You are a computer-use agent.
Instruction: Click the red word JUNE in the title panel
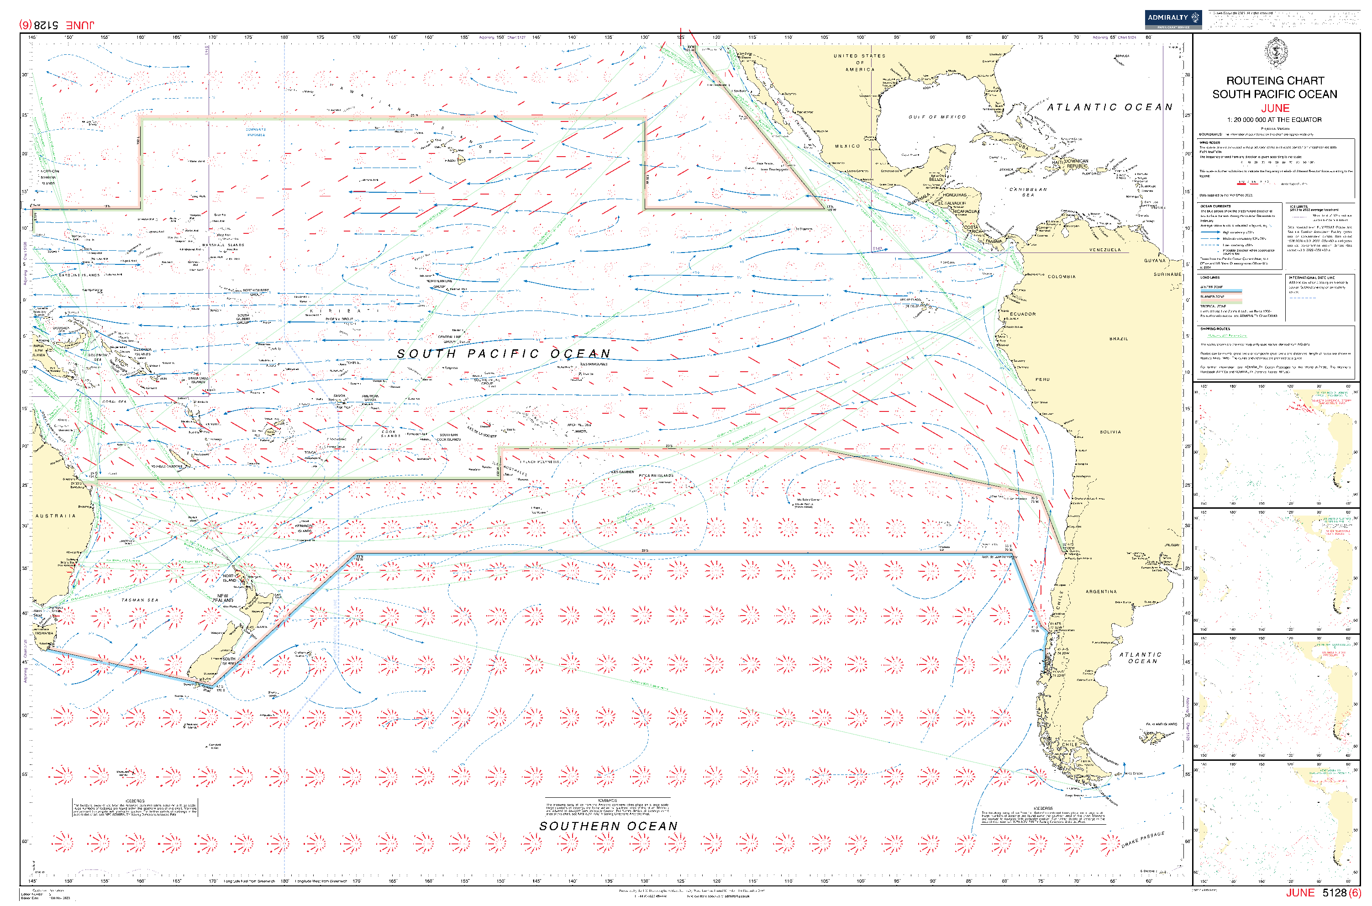point(1274,108)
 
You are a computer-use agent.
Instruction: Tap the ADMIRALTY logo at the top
point(1172,19)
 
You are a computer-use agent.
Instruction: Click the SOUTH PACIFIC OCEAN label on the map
point(503,353)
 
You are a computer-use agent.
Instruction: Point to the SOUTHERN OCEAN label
point(608,826)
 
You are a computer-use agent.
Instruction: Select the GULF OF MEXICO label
point(936,117)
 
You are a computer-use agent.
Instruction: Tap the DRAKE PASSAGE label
point(1143,839)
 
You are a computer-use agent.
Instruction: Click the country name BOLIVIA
point(1110,432)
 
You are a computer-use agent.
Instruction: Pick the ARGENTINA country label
point(1101,592)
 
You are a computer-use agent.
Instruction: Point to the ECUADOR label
point(1023,314)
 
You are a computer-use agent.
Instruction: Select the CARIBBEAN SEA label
point(1028,192)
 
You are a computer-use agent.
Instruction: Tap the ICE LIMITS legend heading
point(1298,206)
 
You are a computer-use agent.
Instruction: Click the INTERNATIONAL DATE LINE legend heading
point(1311,277)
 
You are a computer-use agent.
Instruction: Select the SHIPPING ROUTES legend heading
point(1215,329)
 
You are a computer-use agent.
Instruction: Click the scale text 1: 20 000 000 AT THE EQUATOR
point(1274,120)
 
